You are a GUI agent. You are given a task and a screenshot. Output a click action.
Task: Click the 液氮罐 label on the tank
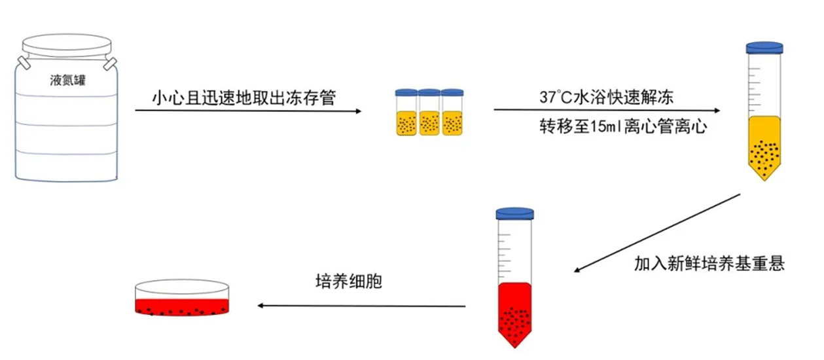click(x=68, y=81)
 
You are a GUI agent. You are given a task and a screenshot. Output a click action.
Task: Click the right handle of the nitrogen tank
click(x=110, y=63)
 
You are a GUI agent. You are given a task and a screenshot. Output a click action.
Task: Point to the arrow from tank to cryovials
click(x=249, y=111)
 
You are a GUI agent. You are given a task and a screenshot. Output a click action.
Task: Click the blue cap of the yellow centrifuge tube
click(x=764, y=48)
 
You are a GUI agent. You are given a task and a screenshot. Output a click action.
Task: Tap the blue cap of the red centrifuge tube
click(x=515, y=213)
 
